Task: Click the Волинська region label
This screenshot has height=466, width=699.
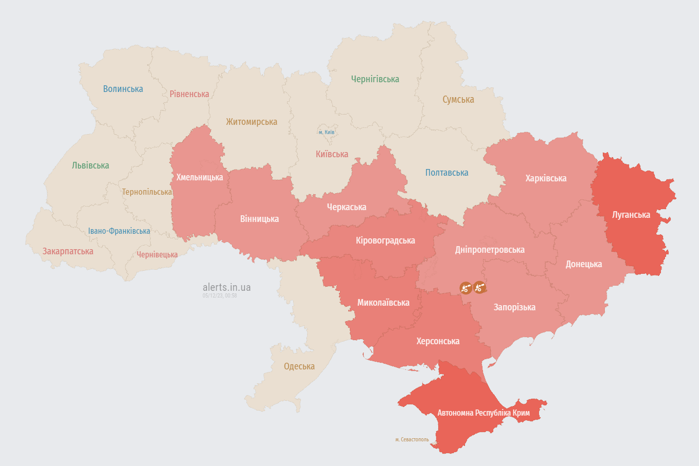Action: pos(123,89)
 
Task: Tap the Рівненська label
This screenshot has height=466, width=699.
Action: pos(189,94)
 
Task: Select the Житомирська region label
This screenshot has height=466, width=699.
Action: pos(252,122)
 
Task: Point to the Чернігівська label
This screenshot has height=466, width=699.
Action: pos(375,79)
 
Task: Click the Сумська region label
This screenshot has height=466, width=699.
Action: pos(458,100)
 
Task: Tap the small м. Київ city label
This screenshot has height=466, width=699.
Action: pos(327,133)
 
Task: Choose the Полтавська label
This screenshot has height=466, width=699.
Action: pos(446,173)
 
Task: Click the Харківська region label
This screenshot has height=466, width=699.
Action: pos(546,178)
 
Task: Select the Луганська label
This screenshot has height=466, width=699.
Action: pos(631,215)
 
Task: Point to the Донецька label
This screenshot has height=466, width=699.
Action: pos(584,264)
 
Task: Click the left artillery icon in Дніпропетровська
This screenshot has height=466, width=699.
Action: pos(465,288)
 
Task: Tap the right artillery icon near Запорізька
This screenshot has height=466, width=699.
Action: pos(480,287)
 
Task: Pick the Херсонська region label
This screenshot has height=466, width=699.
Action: pos(438,341)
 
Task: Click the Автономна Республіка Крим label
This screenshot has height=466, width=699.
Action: pos(483,413)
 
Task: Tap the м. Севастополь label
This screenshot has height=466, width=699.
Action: pos(412,440)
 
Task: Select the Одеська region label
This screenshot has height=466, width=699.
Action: pos(299,366)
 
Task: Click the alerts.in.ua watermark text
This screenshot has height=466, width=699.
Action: pos(227,287)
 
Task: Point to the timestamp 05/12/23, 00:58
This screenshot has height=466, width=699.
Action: pos(220,296)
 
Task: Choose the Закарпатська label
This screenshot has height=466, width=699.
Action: pos(68,251)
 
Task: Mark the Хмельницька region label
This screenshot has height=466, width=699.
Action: pos(200,177)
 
